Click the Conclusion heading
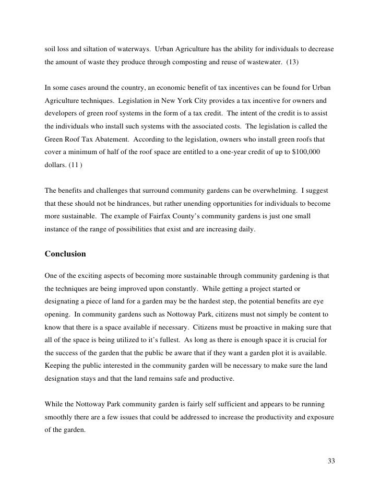tap(65, 254)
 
